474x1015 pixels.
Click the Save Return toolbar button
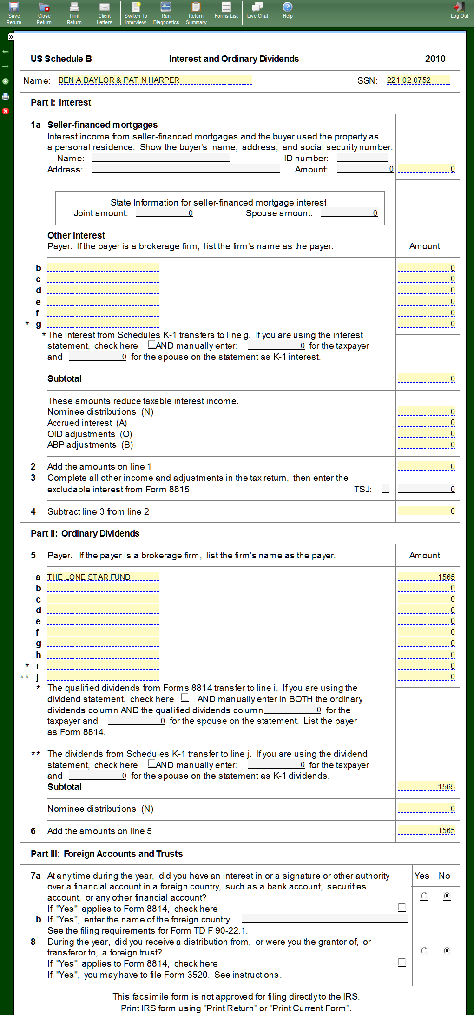tap(14, 13)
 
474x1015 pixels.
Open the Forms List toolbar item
tap(226, 10)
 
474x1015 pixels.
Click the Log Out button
tap(459, 10)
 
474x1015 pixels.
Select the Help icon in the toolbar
tap(288, 10)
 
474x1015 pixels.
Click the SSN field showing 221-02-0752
tap(418, 80)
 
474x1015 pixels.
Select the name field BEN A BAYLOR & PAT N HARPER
tap(154, 80)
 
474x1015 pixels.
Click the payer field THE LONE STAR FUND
tap(103, 577)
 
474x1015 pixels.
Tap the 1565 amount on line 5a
tap(427, 577)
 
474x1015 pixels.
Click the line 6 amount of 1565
tap(427, 830)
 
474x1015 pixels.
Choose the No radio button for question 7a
tap(447, 896)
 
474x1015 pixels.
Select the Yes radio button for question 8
tap(424, 951)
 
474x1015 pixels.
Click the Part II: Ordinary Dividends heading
tap(85, 533)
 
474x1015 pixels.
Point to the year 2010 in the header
tap(435, 59)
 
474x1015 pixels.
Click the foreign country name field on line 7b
tap(325, 919)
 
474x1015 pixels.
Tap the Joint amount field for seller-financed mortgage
tap(165, 213)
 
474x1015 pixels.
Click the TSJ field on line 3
tap(385, 489)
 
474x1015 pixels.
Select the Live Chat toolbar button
tap(257, 10)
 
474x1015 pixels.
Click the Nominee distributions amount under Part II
tap(427, 809)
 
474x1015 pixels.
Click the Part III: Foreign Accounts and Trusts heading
tap(106, 854)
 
